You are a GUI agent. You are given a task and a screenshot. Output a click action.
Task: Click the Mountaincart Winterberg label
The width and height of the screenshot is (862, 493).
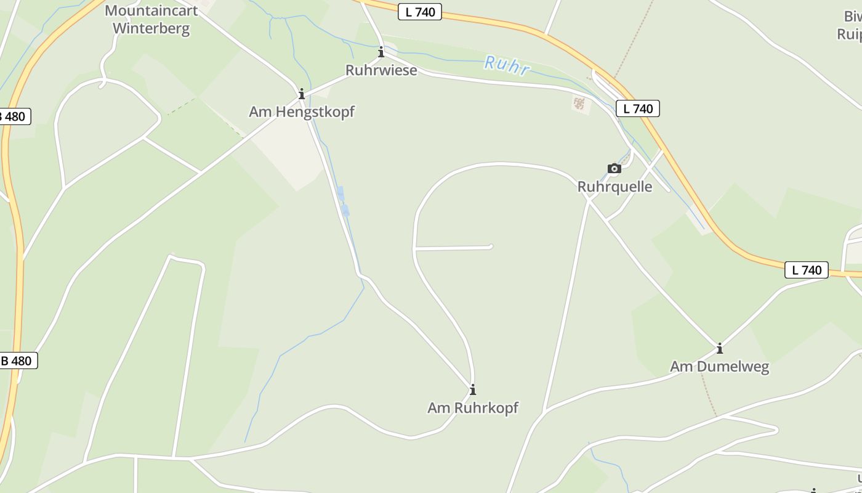click(151, 20)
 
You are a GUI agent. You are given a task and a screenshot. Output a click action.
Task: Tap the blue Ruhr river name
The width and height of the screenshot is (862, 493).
click(506, 65)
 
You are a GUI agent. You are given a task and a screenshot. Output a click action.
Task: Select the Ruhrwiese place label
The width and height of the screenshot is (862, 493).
click(381, 70)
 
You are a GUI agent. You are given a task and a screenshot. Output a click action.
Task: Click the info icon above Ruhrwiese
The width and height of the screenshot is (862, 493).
click(381, 52)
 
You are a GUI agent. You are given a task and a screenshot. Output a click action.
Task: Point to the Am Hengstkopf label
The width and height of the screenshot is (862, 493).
click(302, 112)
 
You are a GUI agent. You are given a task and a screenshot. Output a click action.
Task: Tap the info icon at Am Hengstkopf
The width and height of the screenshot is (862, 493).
click(302, 94)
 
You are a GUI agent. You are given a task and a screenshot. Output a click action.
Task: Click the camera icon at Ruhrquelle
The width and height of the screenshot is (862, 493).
click(614, 168)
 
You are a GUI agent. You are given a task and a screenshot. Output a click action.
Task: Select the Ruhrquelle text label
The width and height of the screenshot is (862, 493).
click(614, 186)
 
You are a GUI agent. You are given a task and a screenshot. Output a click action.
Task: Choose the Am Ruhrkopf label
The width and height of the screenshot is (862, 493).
click(473, 407)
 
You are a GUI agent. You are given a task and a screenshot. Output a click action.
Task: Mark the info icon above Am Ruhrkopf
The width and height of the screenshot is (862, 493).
click(473, 389)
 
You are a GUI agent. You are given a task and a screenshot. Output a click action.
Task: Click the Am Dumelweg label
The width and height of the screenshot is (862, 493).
click(719, 367)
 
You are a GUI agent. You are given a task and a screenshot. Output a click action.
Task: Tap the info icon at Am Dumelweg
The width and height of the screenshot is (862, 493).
click(719, 349)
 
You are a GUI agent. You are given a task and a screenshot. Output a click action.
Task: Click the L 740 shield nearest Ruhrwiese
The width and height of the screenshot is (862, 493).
click(420, 12)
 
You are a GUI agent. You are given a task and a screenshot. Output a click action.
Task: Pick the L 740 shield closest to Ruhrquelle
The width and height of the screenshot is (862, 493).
click(638, 109)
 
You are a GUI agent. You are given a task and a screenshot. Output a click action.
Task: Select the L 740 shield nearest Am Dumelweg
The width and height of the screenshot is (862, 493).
click(806, 270)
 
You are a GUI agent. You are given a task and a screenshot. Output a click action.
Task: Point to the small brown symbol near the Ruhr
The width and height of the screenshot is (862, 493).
click(579, 104)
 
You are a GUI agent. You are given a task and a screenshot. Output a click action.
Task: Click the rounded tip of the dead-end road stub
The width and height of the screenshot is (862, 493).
click(490, 247)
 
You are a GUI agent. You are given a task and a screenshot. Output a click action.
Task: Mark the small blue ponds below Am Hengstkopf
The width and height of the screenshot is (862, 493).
click(342, 202)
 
